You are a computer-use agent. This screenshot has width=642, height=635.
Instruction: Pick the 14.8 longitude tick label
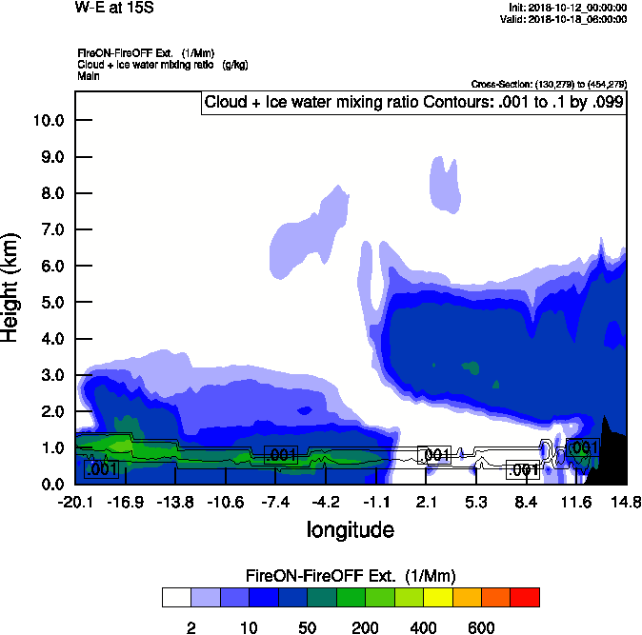626,502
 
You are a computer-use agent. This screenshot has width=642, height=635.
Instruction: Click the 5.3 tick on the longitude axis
476,502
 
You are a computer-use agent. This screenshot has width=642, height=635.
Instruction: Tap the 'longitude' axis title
350,529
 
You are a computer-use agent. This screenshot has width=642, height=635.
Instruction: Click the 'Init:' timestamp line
568,8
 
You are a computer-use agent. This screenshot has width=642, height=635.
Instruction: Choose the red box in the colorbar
524,597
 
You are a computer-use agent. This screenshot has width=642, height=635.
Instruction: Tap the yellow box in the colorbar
436,597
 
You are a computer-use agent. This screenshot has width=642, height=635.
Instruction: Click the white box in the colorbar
175,597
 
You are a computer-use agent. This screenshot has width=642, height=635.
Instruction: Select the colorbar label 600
481,627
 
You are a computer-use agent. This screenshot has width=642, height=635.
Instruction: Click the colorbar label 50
307,627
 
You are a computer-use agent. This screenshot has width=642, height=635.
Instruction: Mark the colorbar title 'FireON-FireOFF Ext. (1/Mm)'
351,576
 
